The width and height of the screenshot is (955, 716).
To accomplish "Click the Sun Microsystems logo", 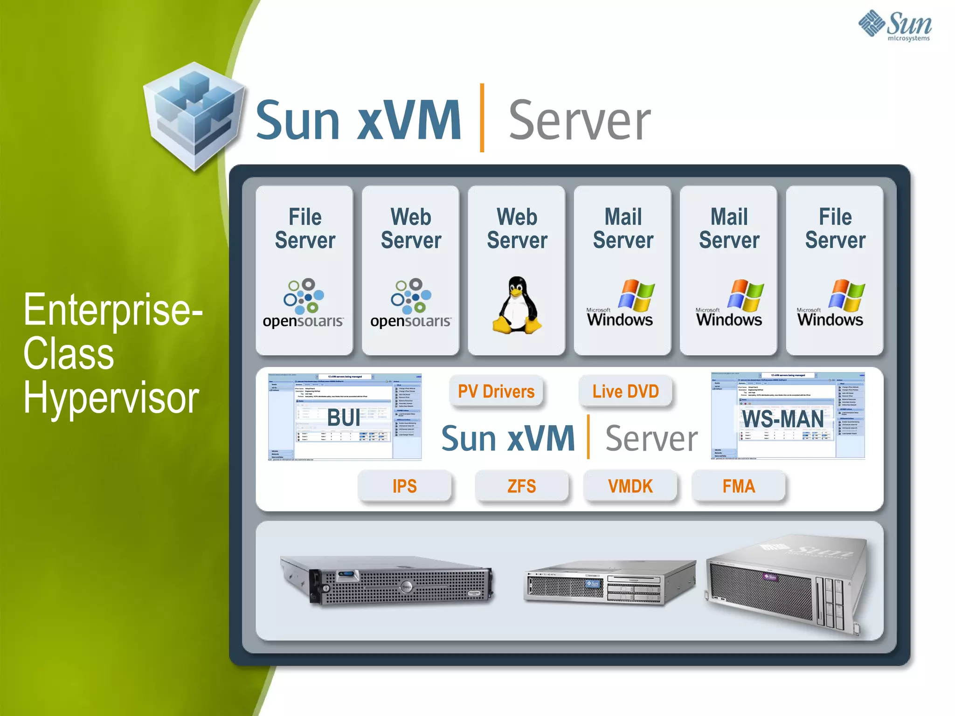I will coord(895,25).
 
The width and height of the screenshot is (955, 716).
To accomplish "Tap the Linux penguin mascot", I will coord(517,305).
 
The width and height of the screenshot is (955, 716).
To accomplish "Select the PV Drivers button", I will coord(496,392).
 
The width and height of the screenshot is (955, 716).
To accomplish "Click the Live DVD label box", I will coord(625,392).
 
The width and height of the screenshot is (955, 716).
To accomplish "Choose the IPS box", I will coord(404,486).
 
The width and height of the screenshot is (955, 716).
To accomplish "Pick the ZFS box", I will coord(522,486).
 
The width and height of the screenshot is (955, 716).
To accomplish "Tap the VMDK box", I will coord(630,486).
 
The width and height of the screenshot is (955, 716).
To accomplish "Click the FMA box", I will coord(739,486).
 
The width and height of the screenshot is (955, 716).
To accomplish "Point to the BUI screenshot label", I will coord(344,418).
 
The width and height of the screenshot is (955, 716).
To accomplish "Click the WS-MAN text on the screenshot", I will coord(783,419).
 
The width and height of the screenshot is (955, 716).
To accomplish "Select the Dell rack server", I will coord(387,580).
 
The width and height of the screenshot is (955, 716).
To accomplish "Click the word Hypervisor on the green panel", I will coord(111,398).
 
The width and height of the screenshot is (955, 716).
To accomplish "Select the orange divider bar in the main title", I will coord(482,118).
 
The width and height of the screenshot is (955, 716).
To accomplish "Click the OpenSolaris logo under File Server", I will coord(304,303).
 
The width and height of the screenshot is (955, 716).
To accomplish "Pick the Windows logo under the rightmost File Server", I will coord(831,303).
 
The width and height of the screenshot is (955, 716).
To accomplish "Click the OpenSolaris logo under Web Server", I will coord(411,303).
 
